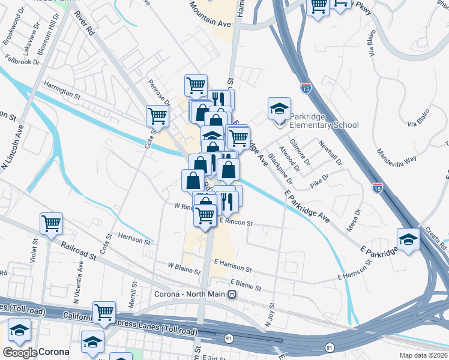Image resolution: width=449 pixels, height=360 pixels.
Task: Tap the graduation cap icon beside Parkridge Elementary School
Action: click(279, 109)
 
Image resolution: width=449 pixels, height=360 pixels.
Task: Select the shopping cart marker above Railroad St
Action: click(52, 224)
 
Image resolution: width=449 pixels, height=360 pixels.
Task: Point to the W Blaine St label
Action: click(183, 267)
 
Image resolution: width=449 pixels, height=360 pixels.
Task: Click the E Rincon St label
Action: click(237, 223)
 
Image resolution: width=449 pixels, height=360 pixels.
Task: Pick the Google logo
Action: click(19, 352)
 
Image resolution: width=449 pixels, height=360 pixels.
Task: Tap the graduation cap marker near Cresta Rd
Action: click(409, 241)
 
